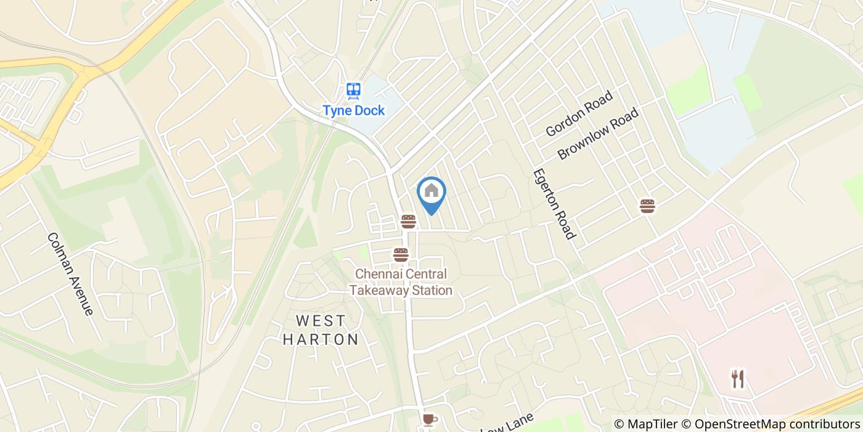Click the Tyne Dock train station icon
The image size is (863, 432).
tap(353, 91)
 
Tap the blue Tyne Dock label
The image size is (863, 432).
tap(354, 111)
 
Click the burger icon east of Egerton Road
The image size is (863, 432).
tap(647, 206)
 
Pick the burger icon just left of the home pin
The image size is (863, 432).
tap(408, 222)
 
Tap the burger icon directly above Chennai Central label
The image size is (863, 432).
tap(401, 255)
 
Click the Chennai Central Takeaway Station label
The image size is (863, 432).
tap(401, 282)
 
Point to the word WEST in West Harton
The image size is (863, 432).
tap(321, 321)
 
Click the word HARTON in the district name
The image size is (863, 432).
tap(321, 339)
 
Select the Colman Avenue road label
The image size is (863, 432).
tap(70, 273)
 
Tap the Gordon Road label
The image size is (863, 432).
tap(579, 114)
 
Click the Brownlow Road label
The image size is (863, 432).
tap(598, 134)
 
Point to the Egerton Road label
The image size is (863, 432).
tap(554, 204)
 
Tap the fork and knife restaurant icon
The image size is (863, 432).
tap(738, 379)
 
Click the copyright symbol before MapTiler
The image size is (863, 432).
tap(619, 424)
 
